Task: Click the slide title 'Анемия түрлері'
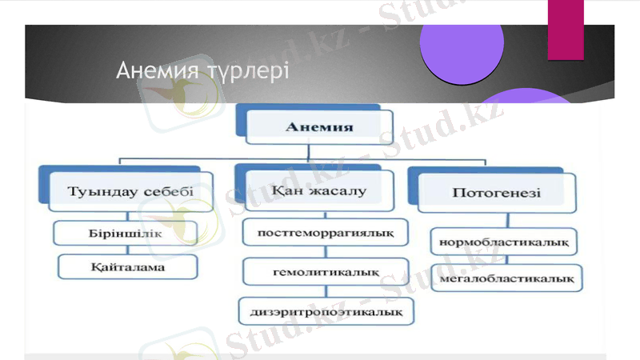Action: pyautogui.click(x=202, y=70)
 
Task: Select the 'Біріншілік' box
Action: pyautogui.click(x=126, y=233)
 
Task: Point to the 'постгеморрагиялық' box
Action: pyautogui.click(x=324, y=233)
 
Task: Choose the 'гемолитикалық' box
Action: pyautogui.click(x=325, y=272)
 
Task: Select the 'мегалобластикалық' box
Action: pyautogui.click(x=506, y=278)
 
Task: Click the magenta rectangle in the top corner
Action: pyautogui.click(x=565, y=28)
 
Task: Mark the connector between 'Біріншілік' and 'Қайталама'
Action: pyautogui.click(x=126, y=250)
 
